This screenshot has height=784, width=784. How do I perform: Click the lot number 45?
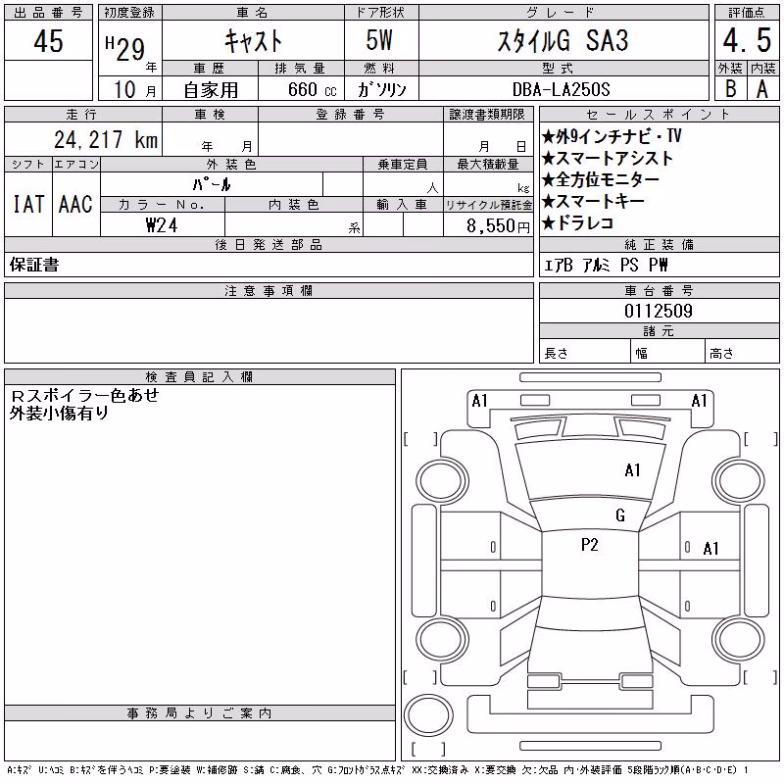click(48, 41)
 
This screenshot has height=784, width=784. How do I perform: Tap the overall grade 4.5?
click(747, 40)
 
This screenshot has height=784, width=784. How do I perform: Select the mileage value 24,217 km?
click(106, 140)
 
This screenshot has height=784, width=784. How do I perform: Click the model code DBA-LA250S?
click(561, 89)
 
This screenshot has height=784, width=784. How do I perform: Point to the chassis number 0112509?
click(659, 311)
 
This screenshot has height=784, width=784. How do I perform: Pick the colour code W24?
click(162, 225)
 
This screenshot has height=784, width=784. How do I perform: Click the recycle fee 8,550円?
click(498, 226)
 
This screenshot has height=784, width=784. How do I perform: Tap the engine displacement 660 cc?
click(312, 89)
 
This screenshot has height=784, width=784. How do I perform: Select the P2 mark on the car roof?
click(590, 545)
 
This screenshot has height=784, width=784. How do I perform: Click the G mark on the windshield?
click(620, 515)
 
